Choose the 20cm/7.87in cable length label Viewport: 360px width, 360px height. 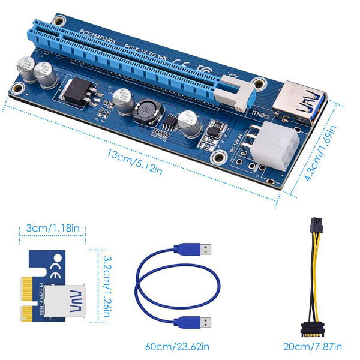pyautogui.click(x=313, y=347)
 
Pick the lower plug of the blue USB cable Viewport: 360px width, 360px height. pyautogui.click(x=203, y=321)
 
